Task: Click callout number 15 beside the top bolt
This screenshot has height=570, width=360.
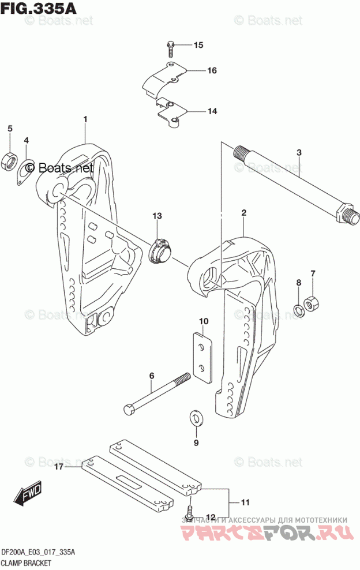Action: (x=198, y=45)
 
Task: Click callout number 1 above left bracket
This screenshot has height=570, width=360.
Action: (x=85, y=119)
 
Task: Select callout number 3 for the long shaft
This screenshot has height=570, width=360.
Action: (x=299, y=152)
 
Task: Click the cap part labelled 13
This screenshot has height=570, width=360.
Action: (x=160, y=250)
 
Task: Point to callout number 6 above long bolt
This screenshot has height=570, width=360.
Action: (x=152, y=376)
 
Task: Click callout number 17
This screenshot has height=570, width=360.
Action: (x=59, y=468)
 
